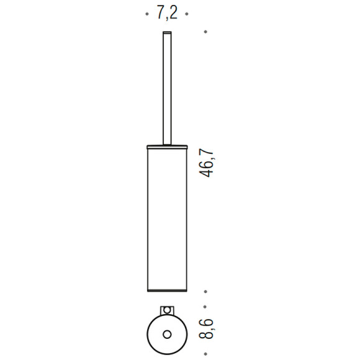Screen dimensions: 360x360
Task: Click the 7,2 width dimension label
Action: pos(167,14)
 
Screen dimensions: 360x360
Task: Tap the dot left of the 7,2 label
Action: pos(147,14)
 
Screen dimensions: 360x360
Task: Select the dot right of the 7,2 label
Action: pos(187,14)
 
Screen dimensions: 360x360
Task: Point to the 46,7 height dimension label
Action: pos(206,163)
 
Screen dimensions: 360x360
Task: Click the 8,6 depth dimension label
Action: pos(206,328)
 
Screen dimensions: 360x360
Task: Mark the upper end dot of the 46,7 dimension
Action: pos(205,32)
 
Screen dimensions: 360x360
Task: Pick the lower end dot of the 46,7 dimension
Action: pos(205,292)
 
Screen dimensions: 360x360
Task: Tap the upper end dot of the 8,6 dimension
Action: pos(205,307)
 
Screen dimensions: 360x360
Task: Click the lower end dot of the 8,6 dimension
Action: pos(205,354)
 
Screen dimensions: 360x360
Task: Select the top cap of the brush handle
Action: pos(167,33)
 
